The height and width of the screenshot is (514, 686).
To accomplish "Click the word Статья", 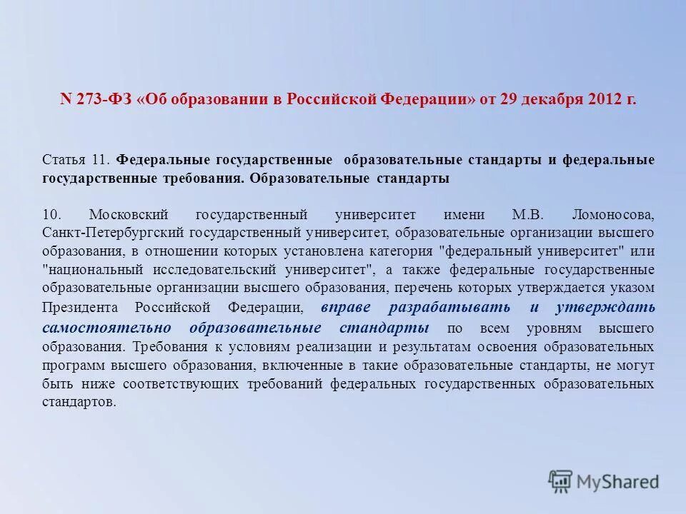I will click(62, 158).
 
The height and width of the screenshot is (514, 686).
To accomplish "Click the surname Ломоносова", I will click(613, 214).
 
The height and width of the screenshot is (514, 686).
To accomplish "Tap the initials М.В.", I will click(528, 214).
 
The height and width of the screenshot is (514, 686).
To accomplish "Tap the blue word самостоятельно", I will click(106, 328).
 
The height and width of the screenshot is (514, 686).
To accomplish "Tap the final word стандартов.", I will click(79, 402).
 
